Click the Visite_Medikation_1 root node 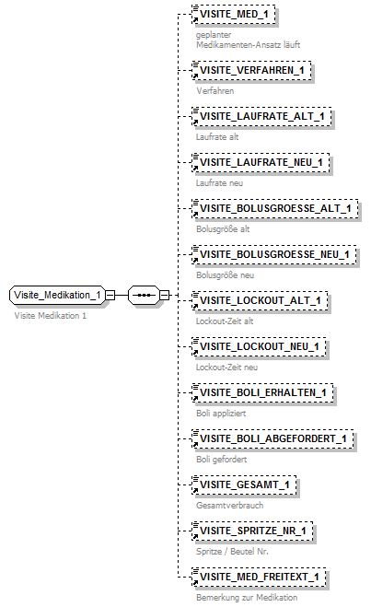[56, 295]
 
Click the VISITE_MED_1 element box [233, 15]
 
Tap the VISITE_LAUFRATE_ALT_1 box [261, 116]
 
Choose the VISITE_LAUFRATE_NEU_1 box [261, 162]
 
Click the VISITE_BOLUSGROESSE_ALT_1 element [272, 208]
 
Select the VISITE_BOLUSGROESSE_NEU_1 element [273, 254]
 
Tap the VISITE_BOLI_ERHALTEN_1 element [263, 392]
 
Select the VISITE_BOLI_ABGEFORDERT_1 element [272, 438]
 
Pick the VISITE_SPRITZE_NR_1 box [253, 531]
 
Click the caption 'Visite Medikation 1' [51, 315]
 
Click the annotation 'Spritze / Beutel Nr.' [230, 552]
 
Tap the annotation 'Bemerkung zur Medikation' [247, 598]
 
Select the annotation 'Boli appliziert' [221, 414]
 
